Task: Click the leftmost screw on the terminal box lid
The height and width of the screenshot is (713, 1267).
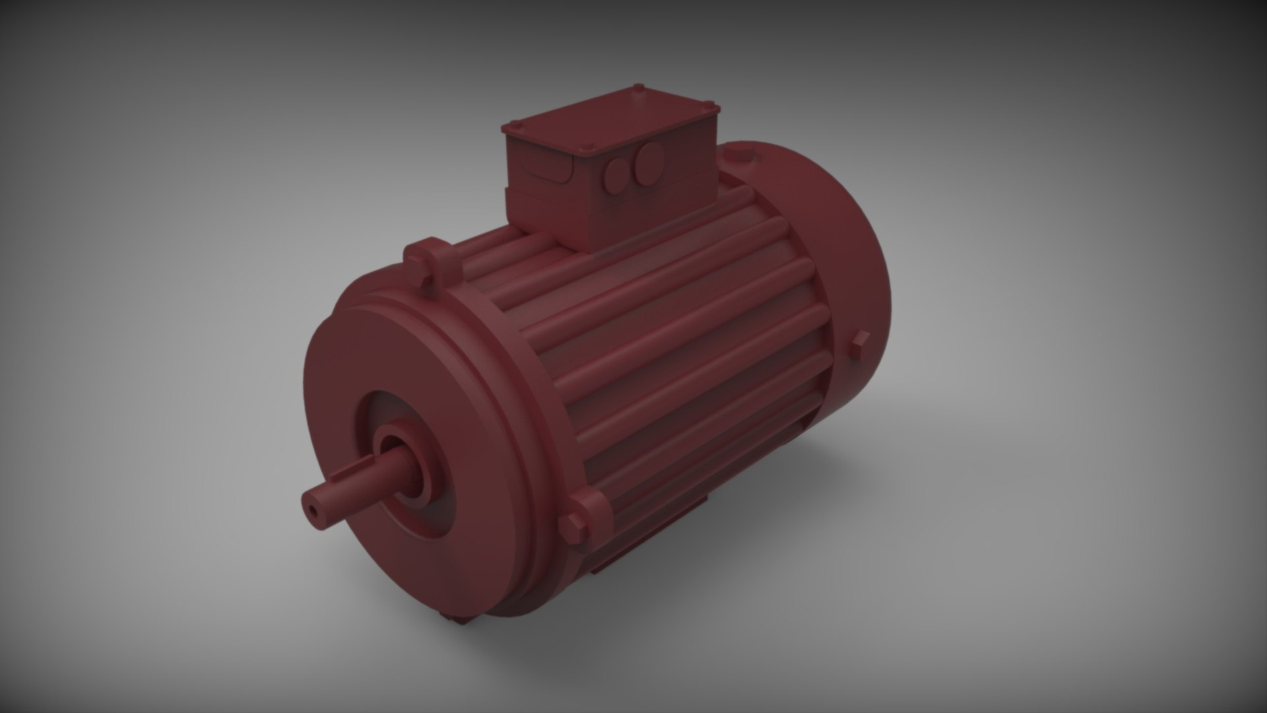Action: (510, 125)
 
